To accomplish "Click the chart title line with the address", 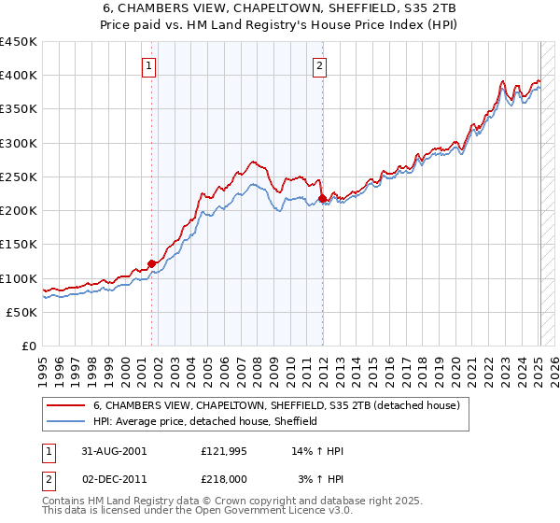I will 279,8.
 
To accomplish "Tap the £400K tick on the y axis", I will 19,76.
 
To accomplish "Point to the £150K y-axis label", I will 19,245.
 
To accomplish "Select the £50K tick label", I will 22,312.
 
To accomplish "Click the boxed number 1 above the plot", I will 150,65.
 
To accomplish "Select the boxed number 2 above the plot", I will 320,65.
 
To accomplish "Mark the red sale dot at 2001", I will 152,264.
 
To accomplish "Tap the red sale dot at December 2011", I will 322,199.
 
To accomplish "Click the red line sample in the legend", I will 66,406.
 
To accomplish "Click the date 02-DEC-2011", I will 114,478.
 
